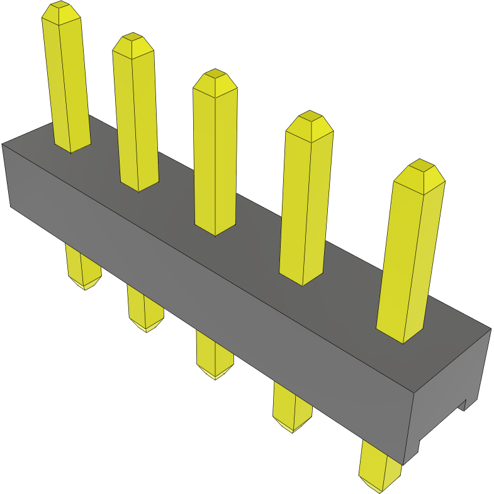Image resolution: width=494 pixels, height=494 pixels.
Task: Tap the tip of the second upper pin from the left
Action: pos(133,43)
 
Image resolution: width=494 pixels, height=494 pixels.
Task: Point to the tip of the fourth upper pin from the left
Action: pos(309,121)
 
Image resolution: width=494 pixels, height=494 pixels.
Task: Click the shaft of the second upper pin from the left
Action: pos(136,120)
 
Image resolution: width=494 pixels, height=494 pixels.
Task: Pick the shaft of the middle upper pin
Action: pos(215,157)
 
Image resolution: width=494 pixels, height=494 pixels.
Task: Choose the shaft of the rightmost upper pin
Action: pos(409,258)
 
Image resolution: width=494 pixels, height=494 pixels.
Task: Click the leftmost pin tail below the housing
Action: pos(83,267)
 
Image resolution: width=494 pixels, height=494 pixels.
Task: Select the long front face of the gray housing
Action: pos(208,283)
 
